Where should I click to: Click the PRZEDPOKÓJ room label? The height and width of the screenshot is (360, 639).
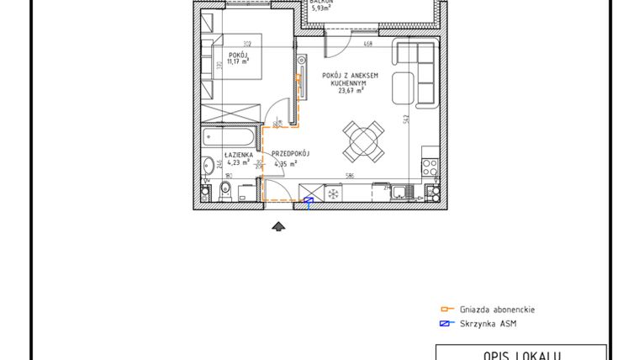pyautogui.click(x=291, y=154)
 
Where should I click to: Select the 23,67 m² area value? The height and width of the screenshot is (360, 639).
pyautogui.click(x=350, y=91)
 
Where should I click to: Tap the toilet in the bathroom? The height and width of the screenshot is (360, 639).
pyautogui.click(x=224, y=193)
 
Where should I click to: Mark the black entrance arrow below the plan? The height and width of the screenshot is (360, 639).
pyautogui.click(x=279, y=225)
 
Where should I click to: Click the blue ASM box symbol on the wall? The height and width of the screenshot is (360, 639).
pyautogui.click(x=309, y=200)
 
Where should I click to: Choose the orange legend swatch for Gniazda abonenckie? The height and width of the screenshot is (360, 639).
pyautogui.click(x=446, y=310)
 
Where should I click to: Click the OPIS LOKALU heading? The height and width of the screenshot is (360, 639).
pyautogui.click(x=520, y=355)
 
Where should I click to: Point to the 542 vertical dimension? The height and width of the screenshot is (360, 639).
pyautogui.click(x=405, y=119)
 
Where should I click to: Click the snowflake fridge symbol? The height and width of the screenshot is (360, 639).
pyautogui.click(x=334, y=193)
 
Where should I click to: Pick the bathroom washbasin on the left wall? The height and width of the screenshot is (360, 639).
pyautogui.click(x=206, y=167)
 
